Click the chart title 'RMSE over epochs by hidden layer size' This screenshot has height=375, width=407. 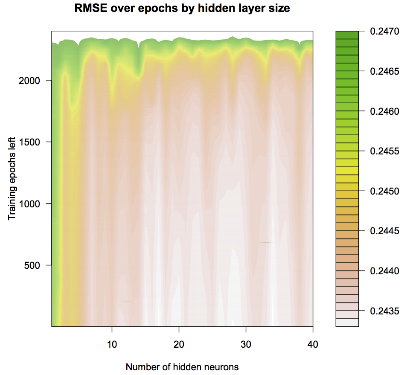pos(182,9)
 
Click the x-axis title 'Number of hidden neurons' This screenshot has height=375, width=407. pos(182,367)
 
